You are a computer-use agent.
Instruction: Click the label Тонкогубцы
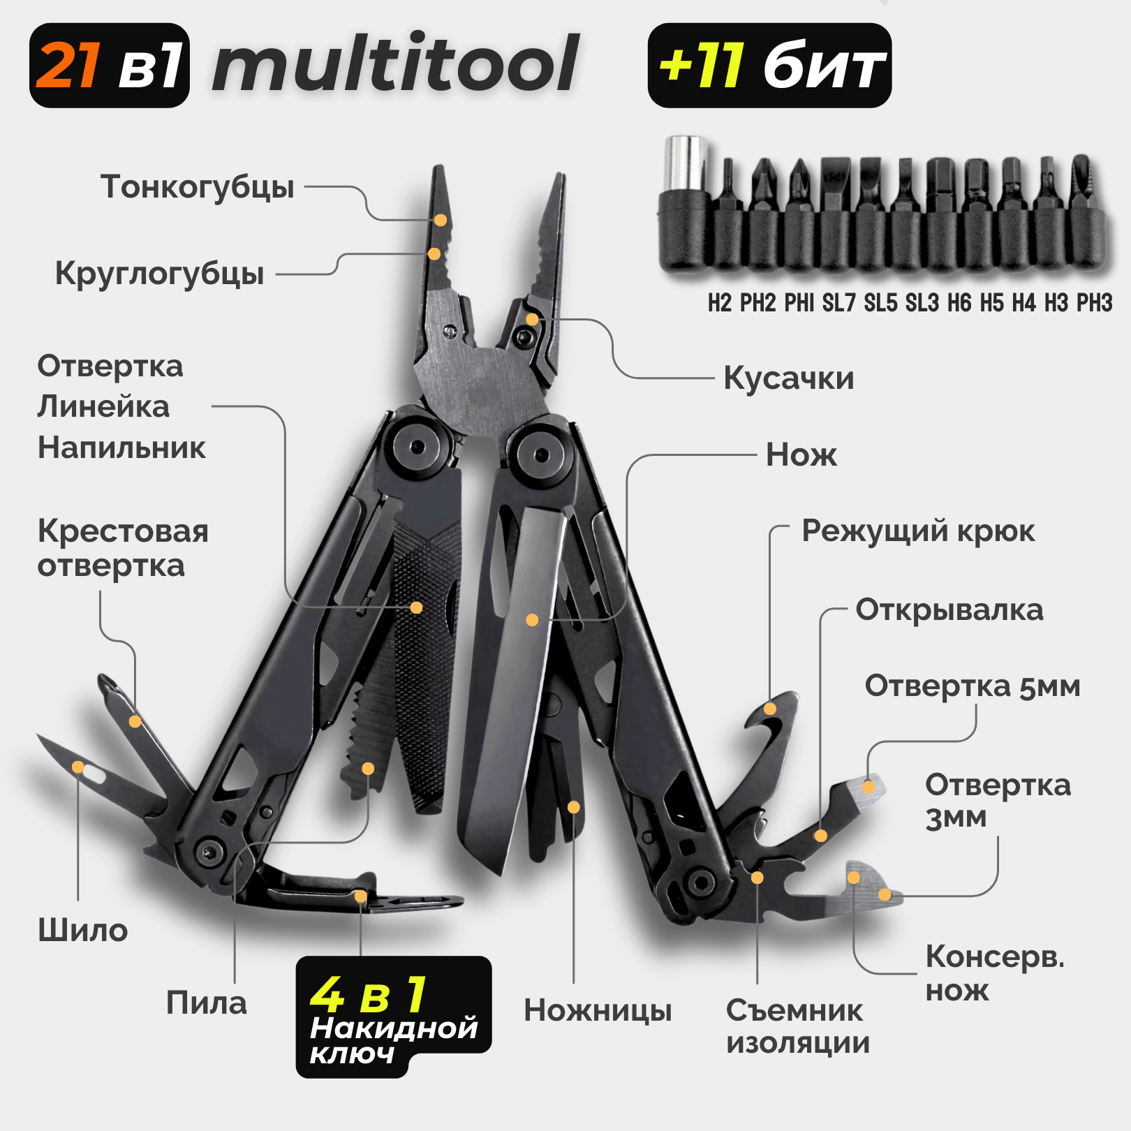tap(198, 187)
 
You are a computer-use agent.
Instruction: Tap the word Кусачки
tap(788, 378)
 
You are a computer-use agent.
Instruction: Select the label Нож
tap(801, 455)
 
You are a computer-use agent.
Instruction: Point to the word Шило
tap(82, 931)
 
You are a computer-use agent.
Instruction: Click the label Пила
tap(206, 1003)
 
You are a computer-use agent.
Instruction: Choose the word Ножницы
tap(598, 1010)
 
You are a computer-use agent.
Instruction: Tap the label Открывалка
tap(949, 610)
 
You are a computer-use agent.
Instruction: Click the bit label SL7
tap(838, 303)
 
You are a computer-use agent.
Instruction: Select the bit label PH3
tap(1094, 303)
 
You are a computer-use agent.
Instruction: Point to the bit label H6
tap(959, 303)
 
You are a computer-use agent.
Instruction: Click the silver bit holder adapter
tap(685, 164)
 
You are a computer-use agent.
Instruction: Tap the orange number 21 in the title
tap(68, 66)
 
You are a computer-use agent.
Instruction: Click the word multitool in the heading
tap(395, 64)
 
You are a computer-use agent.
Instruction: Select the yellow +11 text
tap(701, 66)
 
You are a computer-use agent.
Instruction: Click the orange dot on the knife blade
tap(532, 619)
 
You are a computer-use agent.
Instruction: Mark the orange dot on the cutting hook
tap(770, 709)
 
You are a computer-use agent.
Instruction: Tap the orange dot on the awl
tap(78, 767)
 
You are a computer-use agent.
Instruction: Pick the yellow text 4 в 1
tap(368, 994)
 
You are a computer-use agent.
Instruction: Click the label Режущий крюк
tap(917, 531)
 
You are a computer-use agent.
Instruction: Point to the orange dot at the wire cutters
tap(532, 319)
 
